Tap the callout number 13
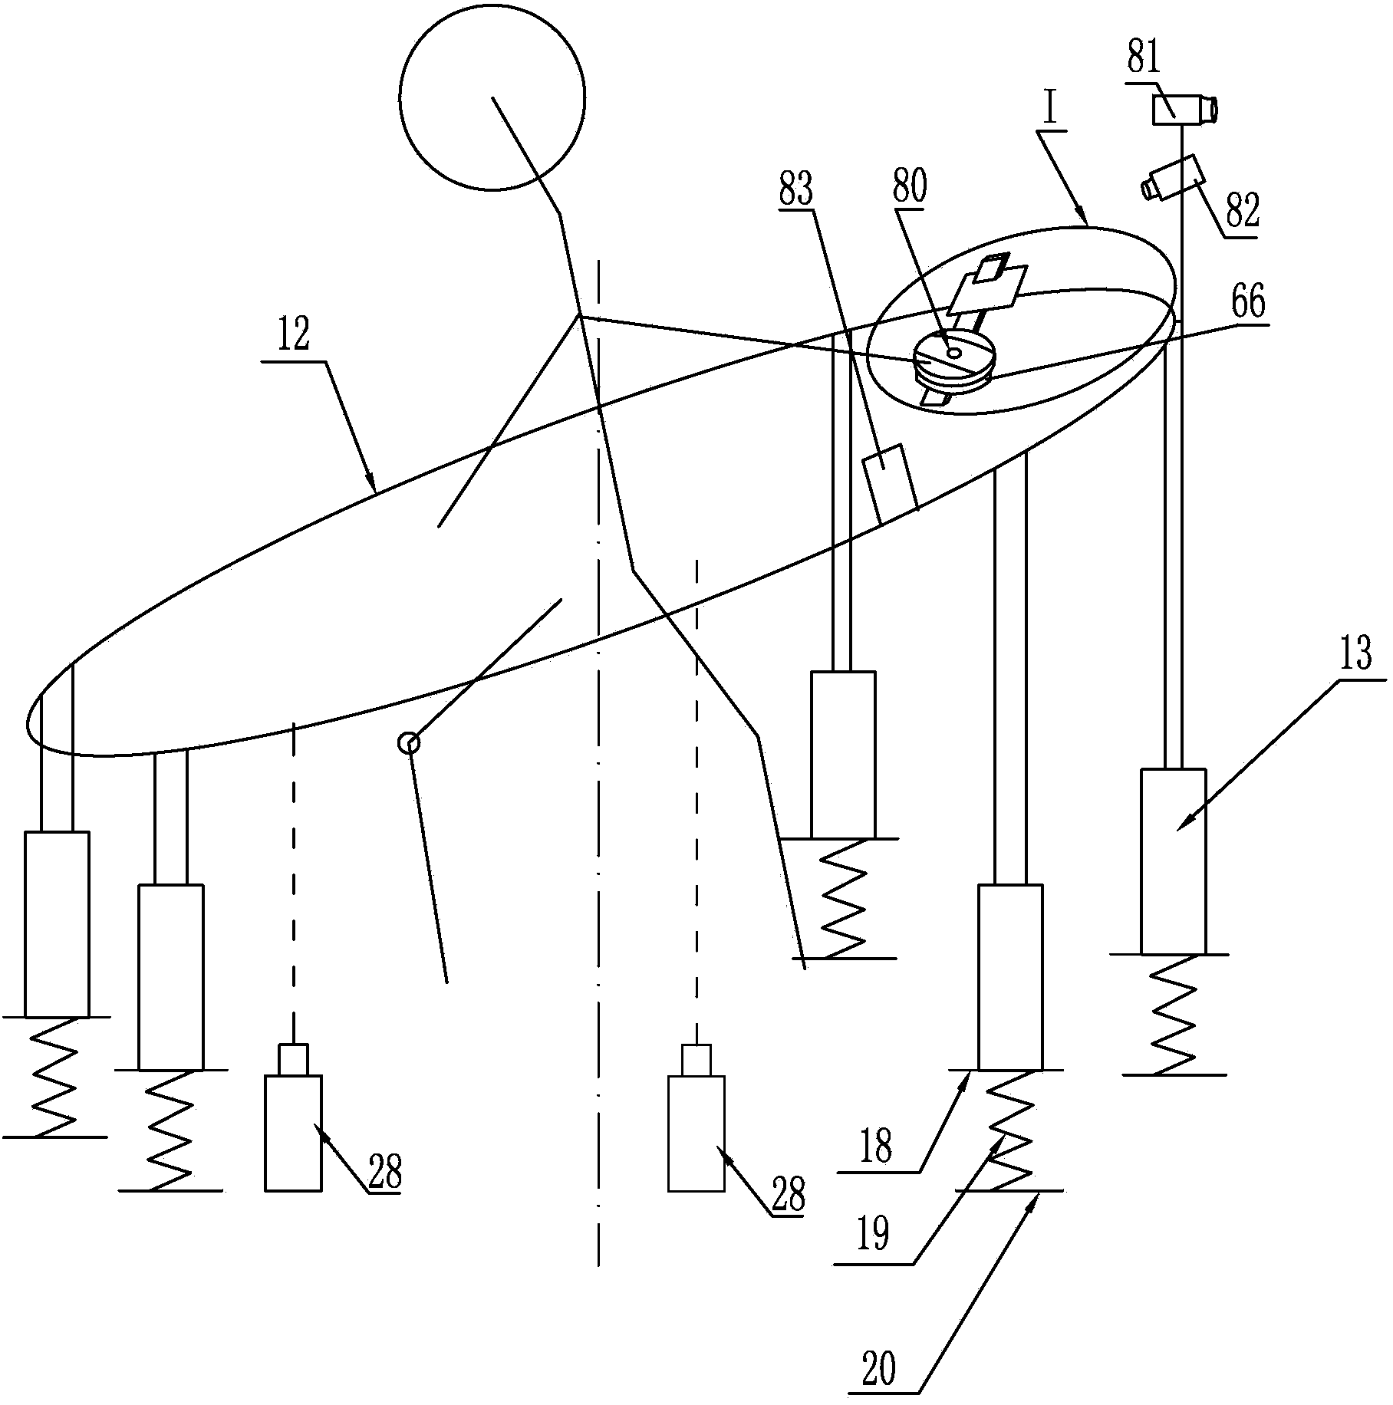tap(1355, 657)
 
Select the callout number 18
tap(876, 1147)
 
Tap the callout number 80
tap(909, 187)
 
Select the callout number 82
tap(1242, 210)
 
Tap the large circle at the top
tap(492, 97)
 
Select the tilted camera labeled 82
tap(1173, 178)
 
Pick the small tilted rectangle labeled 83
tap(890, 483)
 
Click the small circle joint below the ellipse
tap(409, 742)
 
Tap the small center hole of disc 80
tap(953, 353)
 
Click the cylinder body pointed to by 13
tap(1173, 861)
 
